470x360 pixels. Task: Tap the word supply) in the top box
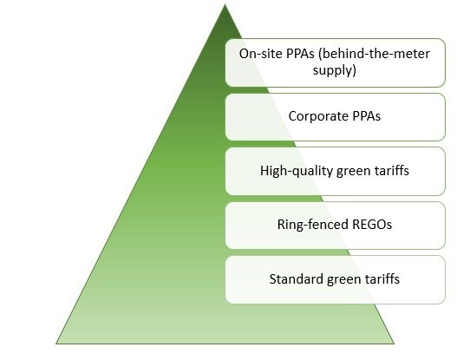(x=335, y=70)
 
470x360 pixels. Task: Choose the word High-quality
(x=297, y=171)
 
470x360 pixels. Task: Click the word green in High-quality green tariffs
(x=354, y=172)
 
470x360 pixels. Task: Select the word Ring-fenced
(x=313, y=225)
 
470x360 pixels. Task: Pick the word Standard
(x=297, y=279)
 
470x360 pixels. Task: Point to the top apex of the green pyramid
(x=225, y=4)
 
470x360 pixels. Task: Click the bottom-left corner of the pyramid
(x=56, y=344)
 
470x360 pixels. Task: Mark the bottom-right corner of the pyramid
(x=395, y=344)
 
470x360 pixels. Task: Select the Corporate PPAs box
(x=335, y=117)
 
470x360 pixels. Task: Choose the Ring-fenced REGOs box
(x=335, y=226)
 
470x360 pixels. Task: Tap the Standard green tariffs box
(x=335, y=279)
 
